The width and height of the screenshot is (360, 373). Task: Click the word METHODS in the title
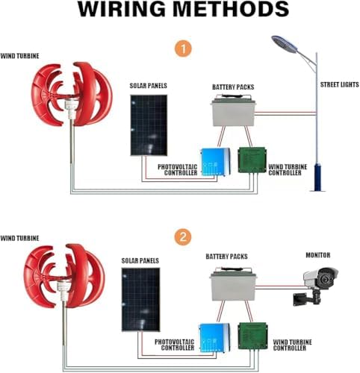tap(228, 10)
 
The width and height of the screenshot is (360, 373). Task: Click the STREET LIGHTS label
tap(337, 84)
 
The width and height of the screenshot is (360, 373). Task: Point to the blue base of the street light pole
tap(317, 177)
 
